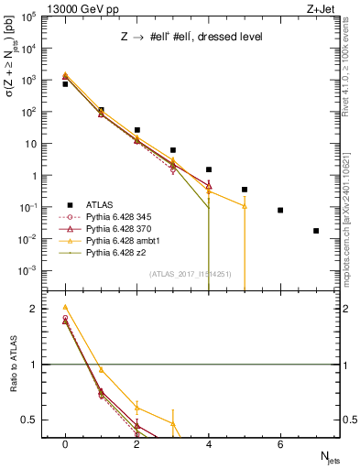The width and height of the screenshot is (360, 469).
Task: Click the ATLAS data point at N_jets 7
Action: coord(316,231)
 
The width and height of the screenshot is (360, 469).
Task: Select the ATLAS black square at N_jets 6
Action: coord(280,210)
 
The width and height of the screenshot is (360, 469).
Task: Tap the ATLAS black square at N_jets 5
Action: coord(245,190)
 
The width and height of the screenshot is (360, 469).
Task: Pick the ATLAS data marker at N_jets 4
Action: coord(209,169)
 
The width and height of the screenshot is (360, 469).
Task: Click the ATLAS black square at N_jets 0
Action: coord(65,84)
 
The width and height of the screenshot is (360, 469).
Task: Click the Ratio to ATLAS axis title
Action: coord(13,365)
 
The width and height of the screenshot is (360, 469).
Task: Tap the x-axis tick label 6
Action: coord(280,443)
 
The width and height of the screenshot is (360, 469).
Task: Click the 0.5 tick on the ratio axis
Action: coord(34,420)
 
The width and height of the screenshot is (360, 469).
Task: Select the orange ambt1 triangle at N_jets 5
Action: coord(245,206)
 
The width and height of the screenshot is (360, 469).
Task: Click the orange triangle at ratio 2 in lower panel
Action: coord(65,307)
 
